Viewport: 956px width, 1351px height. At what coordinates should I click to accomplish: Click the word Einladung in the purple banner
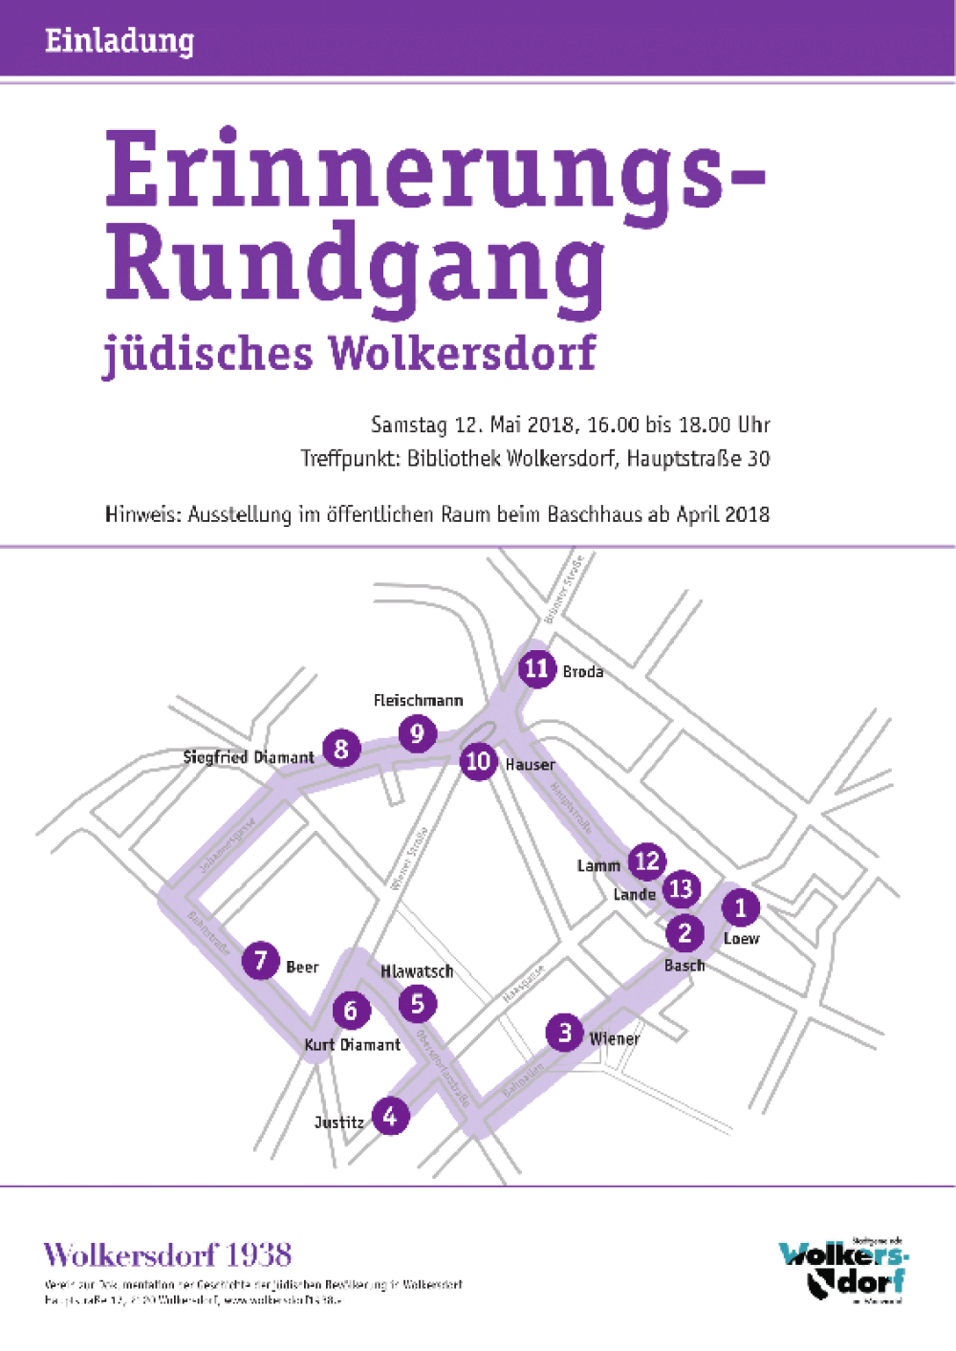point(119,40)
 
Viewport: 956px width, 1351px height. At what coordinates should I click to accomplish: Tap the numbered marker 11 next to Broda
point(536,668)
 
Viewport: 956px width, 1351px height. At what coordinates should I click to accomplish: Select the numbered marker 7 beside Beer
point(260,960)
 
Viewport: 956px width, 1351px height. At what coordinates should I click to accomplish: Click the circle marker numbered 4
point(390,1115)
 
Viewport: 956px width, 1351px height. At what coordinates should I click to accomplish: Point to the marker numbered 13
point(681,889)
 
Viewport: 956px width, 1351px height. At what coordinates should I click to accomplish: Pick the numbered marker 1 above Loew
point(740,907)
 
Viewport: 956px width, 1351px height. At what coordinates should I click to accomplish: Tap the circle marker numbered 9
point(417,733)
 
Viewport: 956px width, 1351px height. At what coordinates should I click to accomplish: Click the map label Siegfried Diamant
point(249,757)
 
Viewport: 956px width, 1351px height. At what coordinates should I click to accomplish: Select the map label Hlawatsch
point(417,971)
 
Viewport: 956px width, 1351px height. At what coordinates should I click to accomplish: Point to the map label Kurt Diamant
point(352,1045)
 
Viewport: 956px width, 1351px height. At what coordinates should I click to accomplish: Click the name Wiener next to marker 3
point(614,1038)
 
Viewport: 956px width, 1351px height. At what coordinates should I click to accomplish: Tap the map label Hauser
point(530,765)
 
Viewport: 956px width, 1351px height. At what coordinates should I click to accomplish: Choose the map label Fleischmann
point(418,701)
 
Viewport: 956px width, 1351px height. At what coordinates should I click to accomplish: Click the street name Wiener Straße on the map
point(409,859)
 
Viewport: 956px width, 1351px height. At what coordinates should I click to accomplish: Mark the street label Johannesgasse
point(227,845)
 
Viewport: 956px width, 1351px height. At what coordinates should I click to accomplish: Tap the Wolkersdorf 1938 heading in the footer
point(167,1255)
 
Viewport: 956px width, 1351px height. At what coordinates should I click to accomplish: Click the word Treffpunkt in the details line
point(350,459)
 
